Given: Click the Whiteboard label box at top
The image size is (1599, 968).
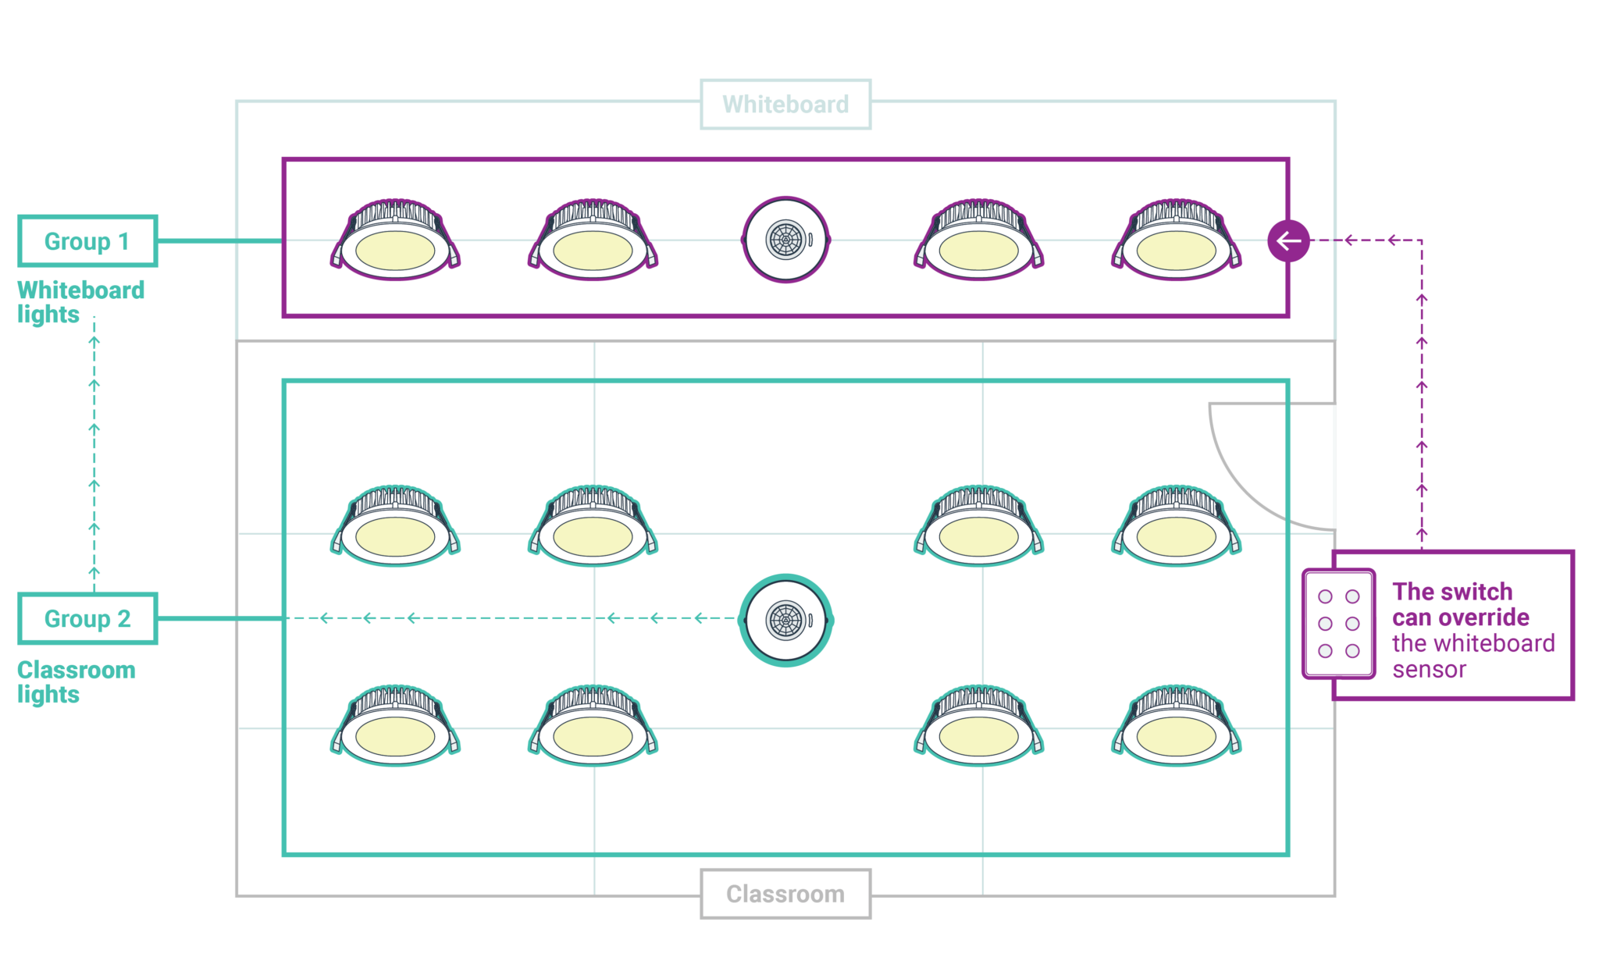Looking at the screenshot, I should tap(785, 105).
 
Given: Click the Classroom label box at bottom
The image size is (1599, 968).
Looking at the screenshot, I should tap(785, 894).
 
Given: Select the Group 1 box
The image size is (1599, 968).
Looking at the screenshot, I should tap(87, 241).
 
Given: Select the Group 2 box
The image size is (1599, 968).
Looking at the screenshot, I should tap(87, 619).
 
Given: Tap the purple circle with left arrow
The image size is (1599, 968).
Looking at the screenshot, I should tap(1288, 240).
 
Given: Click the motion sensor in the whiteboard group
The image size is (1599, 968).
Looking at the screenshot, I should tap(785, 240).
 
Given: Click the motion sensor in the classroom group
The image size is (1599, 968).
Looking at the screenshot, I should tap(786, 621).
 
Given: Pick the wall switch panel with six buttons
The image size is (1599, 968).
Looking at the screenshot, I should tap(1338, 624).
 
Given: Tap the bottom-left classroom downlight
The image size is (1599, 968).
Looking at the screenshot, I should tap(395, 726).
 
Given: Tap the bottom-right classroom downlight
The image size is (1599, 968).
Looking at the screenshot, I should tap(1177, 726).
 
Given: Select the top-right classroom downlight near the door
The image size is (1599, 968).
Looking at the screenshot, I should tap(1177, 527).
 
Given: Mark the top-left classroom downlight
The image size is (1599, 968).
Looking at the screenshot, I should tap(395, 527).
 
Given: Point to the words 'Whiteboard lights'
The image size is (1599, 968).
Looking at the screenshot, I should tap(80, 302).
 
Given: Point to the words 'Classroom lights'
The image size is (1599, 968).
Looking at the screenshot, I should tap(76, 682).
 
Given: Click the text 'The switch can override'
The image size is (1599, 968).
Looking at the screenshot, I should tap(1460, 604).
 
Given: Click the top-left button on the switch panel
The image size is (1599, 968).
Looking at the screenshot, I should tap(1325, 597).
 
